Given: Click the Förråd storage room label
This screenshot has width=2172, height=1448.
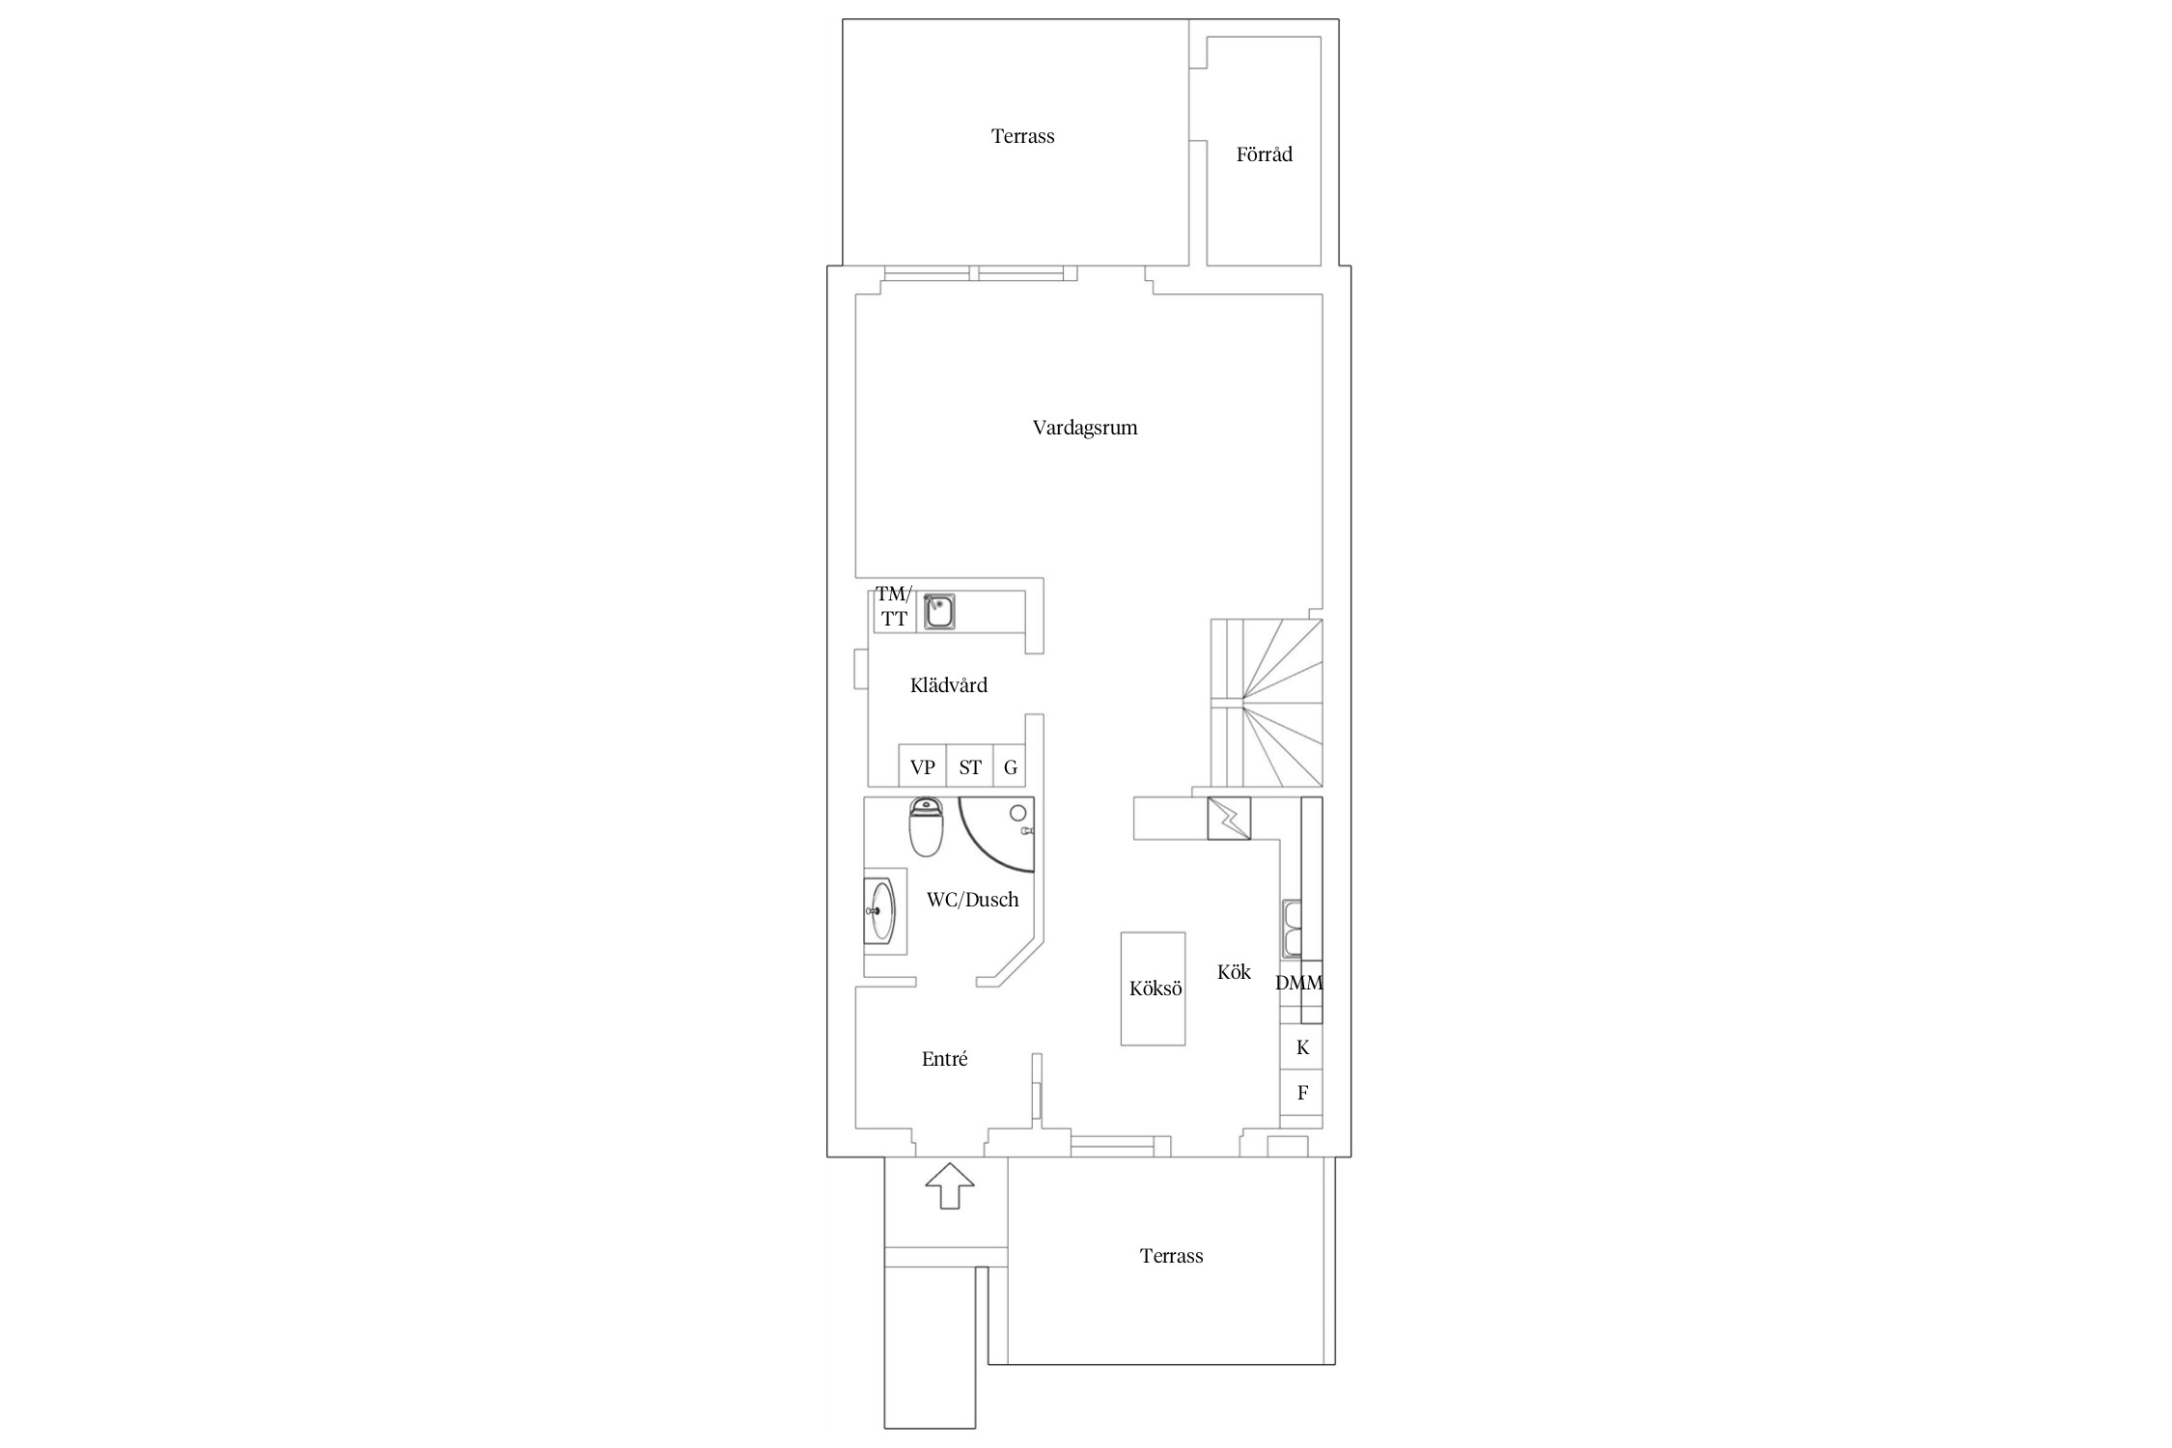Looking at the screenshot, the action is point(1264,154).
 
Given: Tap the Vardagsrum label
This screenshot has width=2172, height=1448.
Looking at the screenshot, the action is point(1085,428).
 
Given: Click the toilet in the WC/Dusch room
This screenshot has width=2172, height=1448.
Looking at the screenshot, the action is point(926,827).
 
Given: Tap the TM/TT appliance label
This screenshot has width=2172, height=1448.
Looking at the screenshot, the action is point(894,606).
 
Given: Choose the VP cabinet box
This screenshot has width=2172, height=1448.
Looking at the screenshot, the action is point(922,767).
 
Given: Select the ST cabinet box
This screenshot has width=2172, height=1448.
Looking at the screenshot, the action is point(969,767).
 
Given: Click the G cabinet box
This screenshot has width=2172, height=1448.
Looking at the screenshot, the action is point(1010,767).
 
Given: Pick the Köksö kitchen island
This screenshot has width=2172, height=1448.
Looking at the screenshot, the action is point(1153,989).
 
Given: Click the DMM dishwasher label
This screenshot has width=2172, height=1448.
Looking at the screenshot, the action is point(1298,984).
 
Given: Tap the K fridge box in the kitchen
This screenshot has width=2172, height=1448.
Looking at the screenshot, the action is point(1301,1048).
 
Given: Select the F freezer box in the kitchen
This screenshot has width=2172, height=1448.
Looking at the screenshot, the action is point(1301,1093).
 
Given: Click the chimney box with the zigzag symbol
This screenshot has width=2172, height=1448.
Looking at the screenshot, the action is point(1229,819).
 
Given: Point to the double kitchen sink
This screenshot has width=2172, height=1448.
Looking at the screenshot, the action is point(1292,929).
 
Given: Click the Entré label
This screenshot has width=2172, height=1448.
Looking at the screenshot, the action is point(944,1059).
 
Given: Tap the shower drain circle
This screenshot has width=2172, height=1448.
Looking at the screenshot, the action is point(1018,813).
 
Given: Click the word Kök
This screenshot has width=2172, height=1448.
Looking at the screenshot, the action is point(1234,972).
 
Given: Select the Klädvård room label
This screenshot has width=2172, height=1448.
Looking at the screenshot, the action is point(949,685).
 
